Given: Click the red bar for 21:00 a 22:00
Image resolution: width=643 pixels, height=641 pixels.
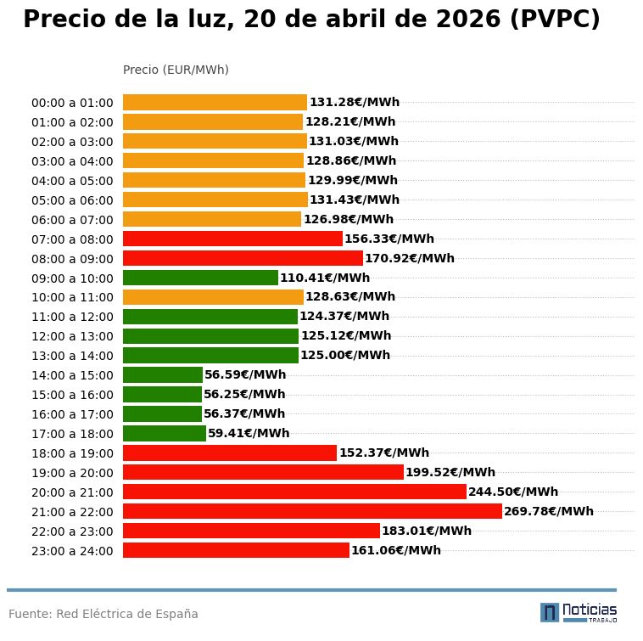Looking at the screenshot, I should click(x=312, y=511).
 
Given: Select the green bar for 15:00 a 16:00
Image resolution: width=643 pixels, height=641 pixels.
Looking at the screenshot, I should click(x=162, y=394).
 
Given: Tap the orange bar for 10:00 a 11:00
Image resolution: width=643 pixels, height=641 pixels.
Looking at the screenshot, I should click(x=213, y=297).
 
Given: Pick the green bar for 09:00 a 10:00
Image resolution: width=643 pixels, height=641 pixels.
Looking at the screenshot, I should click(x=200, y=278).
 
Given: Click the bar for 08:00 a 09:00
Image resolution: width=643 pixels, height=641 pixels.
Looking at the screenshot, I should click(x=243, y=258).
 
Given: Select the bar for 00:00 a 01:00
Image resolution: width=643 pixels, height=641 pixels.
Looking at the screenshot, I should click(x=215, y=102).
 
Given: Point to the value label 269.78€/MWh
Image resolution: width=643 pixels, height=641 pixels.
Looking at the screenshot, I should click(x=549, y=511).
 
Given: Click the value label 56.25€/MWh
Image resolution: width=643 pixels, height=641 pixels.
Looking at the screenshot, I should click(x=244, y=394).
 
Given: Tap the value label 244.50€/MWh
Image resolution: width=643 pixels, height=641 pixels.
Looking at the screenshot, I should click(x=513, y=492).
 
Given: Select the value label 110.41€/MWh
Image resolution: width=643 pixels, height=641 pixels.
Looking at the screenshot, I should click(x=325, y=278).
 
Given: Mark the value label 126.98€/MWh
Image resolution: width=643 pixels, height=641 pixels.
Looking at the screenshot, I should click(x=349, y=219).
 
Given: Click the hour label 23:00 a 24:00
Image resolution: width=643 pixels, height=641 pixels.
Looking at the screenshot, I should click(x=72, y=551).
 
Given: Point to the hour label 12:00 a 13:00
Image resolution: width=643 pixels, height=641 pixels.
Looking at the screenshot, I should click(x=72, y=336).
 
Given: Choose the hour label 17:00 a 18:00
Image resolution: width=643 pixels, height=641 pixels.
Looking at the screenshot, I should click(x=72, y=434).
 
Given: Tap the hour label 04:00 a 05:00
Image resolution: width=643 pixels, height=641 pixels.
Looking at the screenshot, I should click(x=72, y=181).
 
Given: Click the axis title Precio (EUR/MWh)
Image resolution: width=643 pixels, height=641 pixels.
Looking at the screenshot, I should click(x=176, y=70).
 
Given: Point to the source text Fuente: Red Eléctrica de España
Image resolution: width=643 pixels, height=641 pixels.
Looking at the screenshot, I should click(x=103, y=614).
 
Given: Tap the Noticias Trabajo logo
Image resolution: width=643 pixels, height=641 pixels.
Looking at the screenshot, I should click(x=579, y=612).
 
